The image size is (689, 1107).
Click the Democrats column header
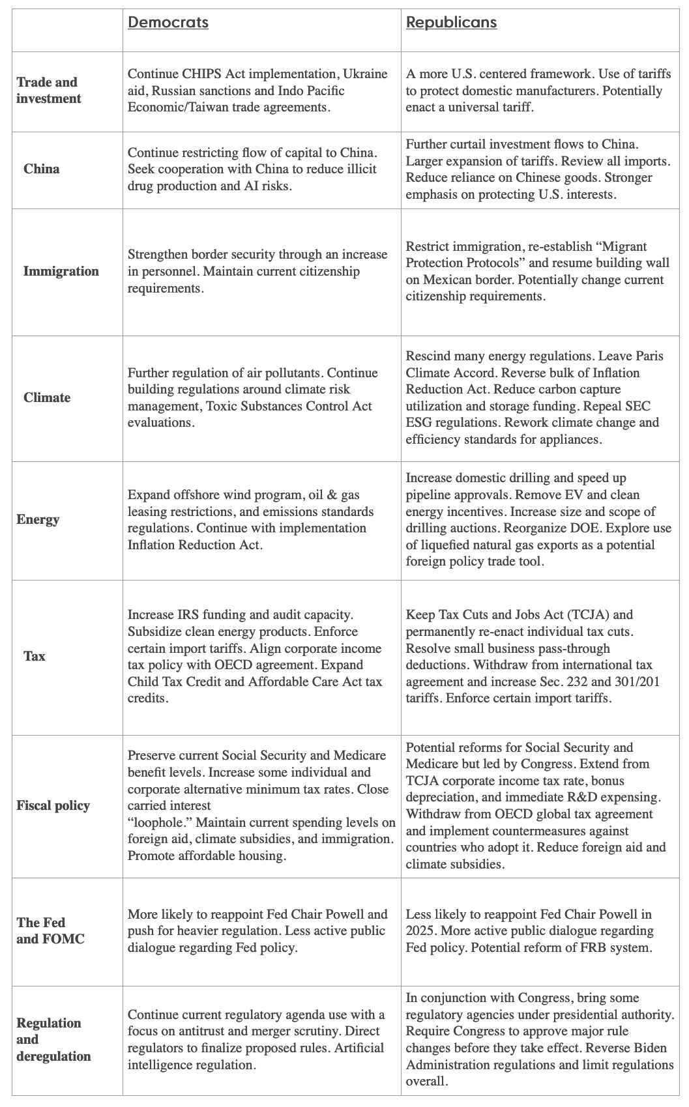pos(168,23)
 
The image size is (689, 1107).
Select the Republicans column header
pos(451,23)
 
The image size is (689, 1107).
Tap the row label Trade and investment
pos(48,91)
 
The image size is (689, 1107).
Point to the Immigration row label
pos(61,272)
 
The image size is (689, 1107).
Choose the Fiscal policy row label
pos(53,806)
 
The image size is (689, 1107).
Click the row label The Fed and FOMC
pos(50,931)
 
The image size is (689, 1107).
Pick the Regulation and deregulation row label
pos(53,1040)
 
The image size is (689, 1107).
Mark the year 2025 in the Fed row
pos(421,931)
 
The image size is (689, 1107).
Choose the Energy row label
pos(38,520)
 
